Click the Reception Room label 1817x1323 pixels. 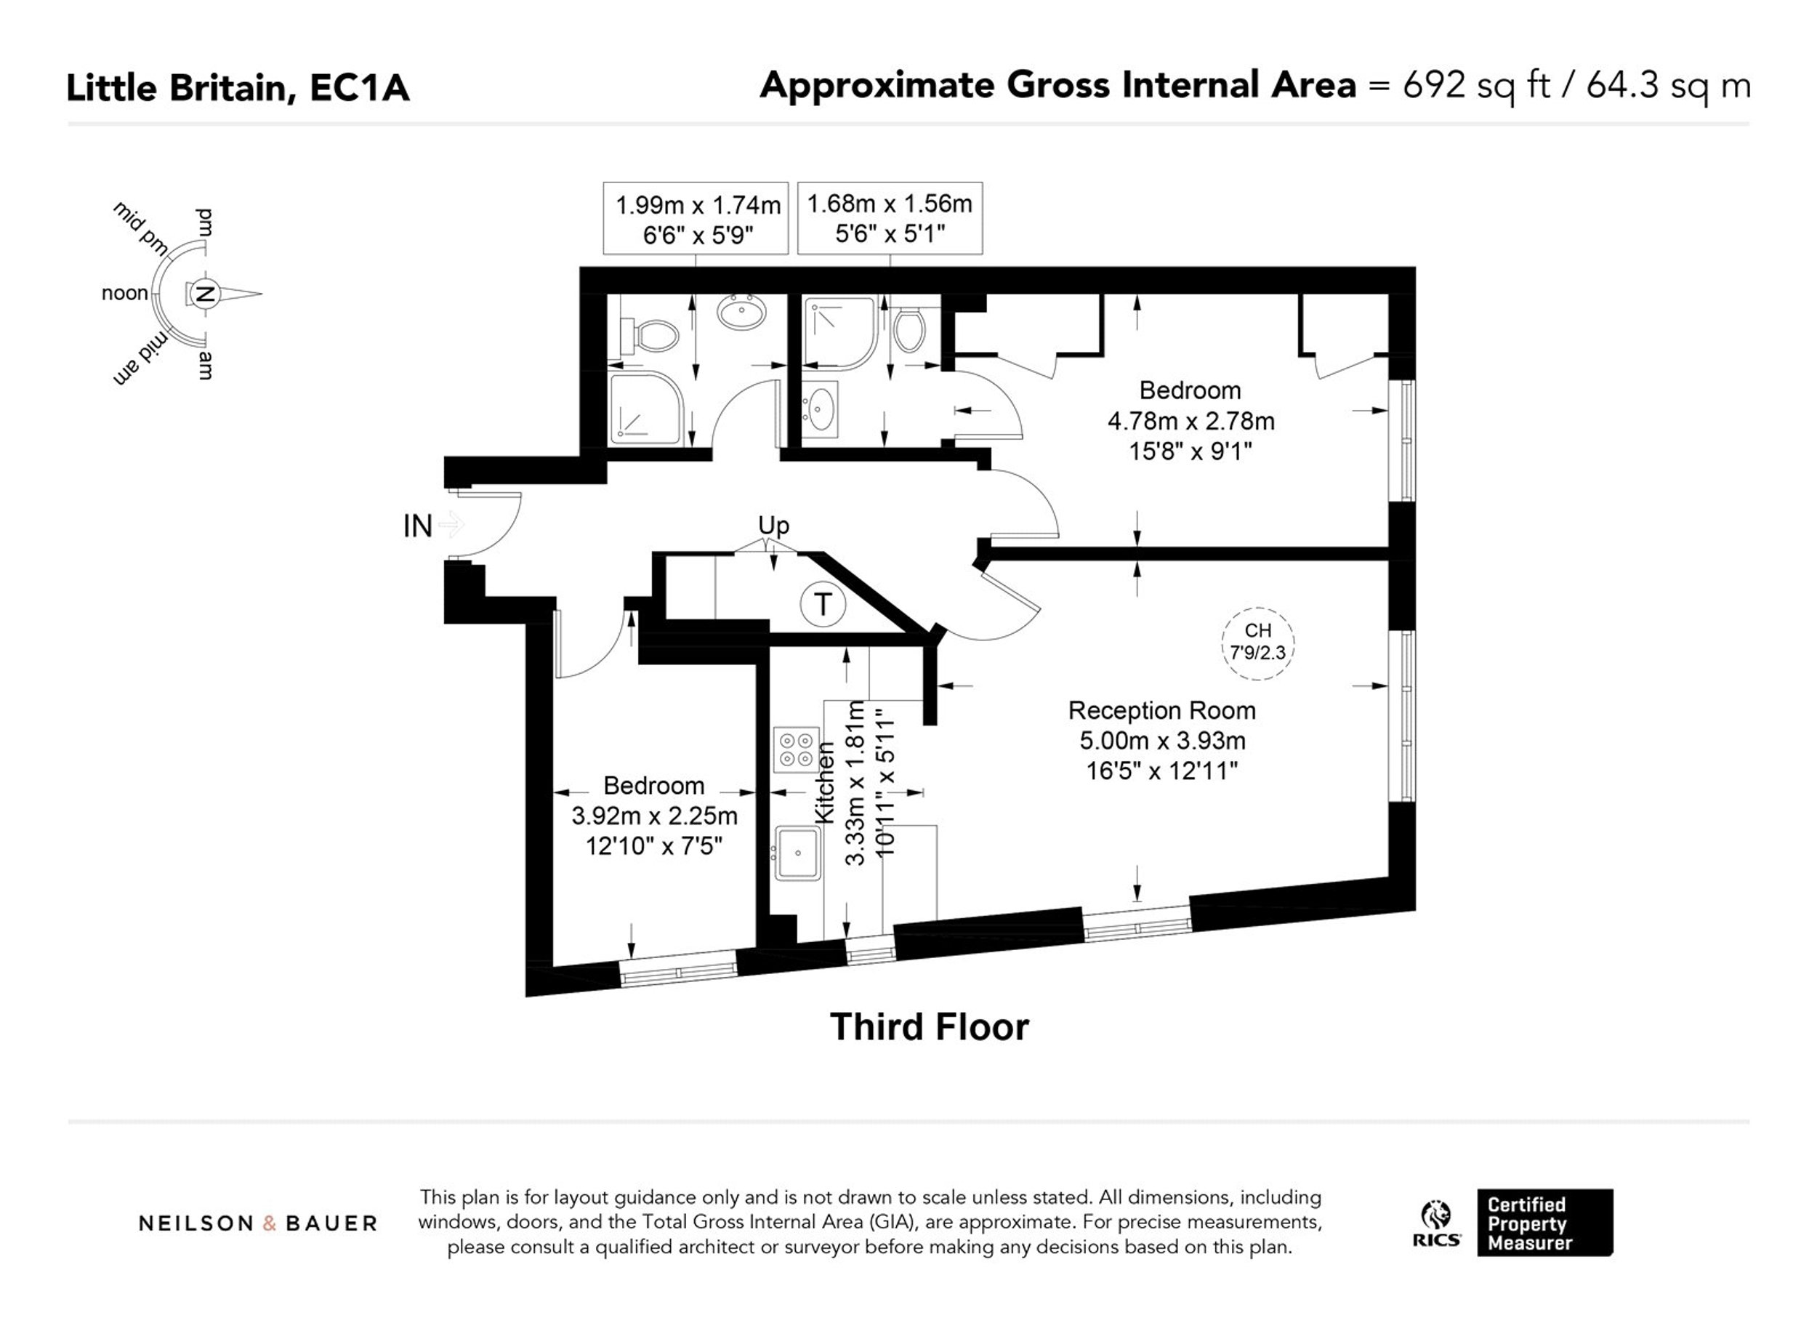(1161, 711)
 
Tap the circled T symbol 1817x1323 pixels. (823, 603)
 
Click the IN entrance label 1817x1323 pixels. (417, 526)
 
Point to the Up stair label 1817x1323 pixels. (773, 526)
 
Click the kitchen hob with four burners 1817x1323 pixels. (797, 749)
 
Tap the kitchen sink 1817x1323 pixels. (797, 853)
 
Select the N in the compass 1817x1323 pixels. (204, 293)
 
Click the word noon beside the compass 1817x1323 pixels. (125, 293)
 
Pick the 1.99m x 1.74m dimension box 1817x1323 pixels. (696, 219)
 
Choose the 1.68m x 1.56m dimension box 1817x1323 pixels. (890, 218)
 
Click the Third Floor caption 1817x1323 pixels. (930, 1027)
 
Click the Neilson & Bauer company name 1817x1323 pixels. (258, 1223)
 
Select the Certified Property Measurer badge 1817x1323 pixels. (1545, 1223)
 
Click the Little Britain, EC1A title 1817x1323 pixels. (238, 88)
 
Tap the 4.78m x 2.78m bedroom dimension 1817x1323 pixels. (1190, 422)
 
